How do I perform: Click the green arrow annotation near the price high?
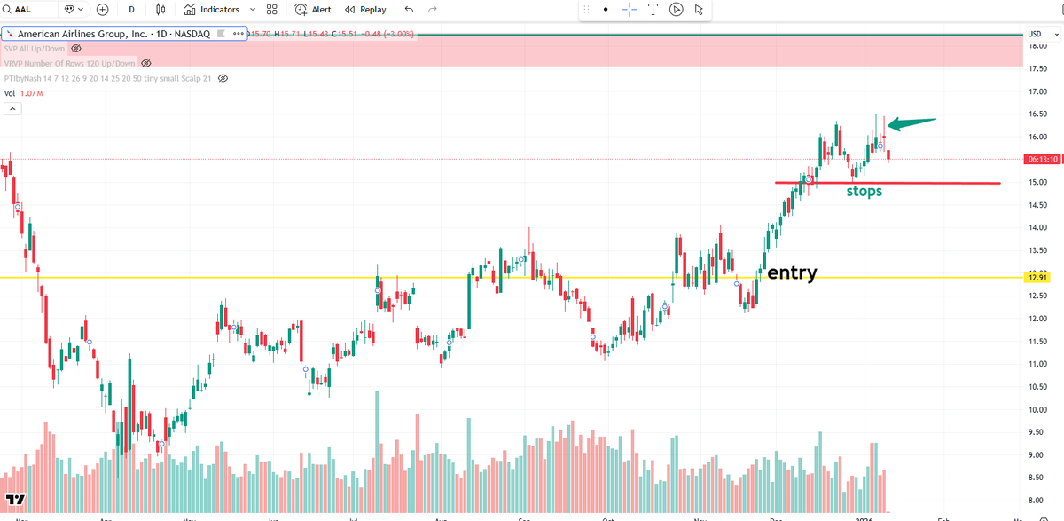(x=911, y=123)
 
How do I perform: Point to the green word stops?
(x=864, y=191)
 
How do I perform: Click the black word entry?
(x=792, y=272)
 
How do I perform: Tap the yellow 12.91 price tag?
(x=1037, y=278)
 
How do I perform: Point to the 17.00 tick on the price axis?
(x=1036, y=91)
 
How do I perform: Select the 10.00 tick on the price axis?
(x=1036, y=410)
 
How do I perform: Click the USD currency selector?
(x=1034, y=35)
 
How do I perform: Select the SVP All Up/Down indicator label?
(x=35, y=48)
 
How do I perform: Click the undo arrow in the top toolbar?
(x=409, y=10)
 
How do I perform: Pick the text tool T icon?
(x=653, y=10)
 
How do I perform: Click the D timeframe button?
(x=131, y=10)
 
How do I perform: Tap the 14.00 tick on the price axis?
(x=1036, y=228)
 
